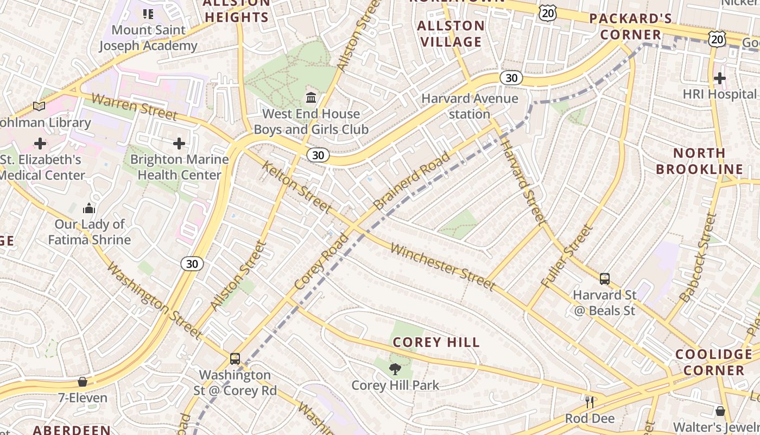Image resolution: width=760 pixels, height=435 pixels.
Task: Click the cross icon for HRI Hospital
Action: (x=719, y=78)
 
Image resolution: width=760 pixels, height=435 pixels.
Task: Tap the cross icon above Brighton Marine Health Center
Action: (x=179, y=144)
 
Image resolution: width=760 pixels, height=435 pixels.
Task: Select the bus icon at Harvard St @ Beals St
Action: (x=604, y=279)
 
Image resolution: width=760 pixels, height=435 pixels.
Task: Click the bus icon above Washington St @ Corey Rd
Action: (x=235, y=359)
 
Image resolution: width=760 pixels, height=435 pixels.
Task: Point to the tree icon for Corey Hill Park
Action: (x=395, y=369)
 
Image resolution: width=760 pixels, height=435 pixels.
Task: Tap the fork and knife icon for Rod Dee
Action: (x=590, y=402)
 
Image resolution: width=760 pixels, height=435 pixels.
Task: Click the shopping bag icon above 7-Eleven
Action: (x=83, y=382)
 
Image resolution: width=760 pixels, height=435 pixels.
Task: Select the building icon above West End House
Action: (x=311, y=98)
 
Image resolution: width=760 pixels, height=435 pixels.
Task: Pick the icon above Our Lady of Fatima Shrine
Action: (x=89, y=208)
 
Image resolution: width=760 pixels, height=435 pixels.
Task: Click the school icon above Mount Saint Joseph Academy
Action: (x=148, y=14)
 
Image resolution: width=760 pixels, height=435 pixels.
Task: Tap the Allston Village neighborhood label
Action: (x=451, y=34)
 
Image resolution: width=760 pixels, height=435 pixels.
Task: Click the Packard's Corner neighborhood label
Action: (x=630, y=26)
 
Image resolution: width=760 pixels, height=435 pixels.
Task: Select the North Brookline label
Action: (x=699, y=161)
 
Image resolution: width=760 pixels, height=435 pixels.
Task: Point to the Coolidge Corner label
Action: (x=713, y=362)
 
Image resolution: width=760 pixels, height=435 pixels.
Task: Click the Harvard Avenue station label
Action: (x=470, y=107)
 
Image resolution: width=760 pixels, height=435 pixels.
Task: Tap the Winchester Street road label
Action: (x=443, y=267)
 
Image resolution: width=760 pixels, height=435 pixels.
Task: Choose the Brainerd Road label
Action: (x=412, y=181)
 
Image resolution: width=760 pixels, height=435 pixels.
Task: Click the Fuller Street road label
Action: (x=567, y=256)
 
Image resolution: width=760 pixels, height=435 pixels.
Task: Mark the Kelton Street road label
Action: (x=296, y=187)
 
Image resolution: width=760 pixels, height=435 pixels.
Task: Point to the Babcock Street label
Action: (x=699, y=257)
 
